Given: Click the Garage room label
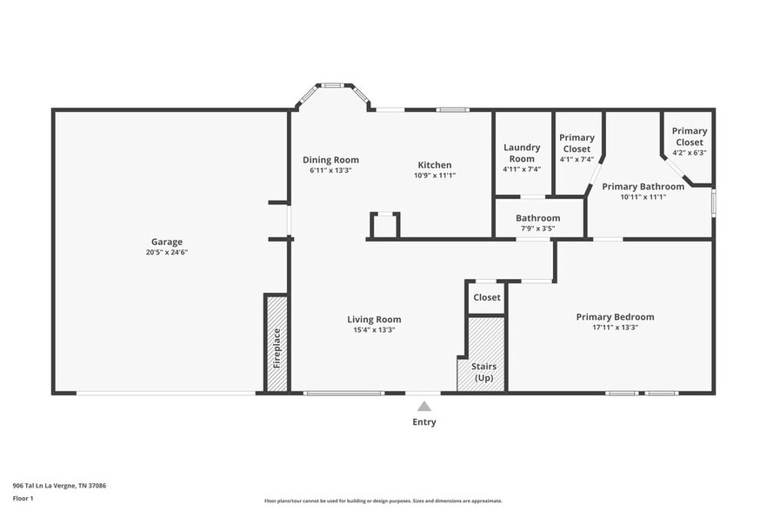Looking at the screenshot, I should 167,242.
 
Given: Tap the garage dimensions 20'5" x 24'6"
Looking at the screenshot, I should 167,252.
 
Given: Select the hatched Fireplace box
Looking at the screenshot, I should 277,345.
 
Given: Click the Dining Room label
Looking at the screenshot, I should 330,160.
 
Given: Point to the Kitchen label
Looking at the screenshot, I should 434,165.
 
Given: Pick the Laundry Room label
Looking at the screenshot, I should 522,153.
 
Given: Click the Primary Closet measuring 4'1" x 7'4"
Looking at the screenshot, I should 577,148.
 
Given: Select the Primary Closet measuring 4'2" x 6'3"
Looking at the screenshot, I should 689,141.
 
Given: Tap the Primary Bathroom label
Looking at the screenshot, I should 643,187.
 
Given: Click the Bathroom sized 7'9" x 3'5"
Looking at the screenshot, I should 537,222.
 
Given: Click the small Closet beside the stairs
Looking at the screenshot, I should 486,297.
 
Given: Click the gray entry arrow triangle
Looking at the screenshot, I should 424,406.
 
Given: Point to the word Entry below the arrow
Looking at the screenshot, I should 424,422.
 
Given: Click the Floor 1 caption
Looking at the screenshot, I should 23,498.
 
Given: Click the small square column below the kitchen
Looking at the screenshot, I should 384,225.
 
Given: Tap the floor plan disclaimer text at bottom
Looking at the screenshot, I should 383,501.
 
